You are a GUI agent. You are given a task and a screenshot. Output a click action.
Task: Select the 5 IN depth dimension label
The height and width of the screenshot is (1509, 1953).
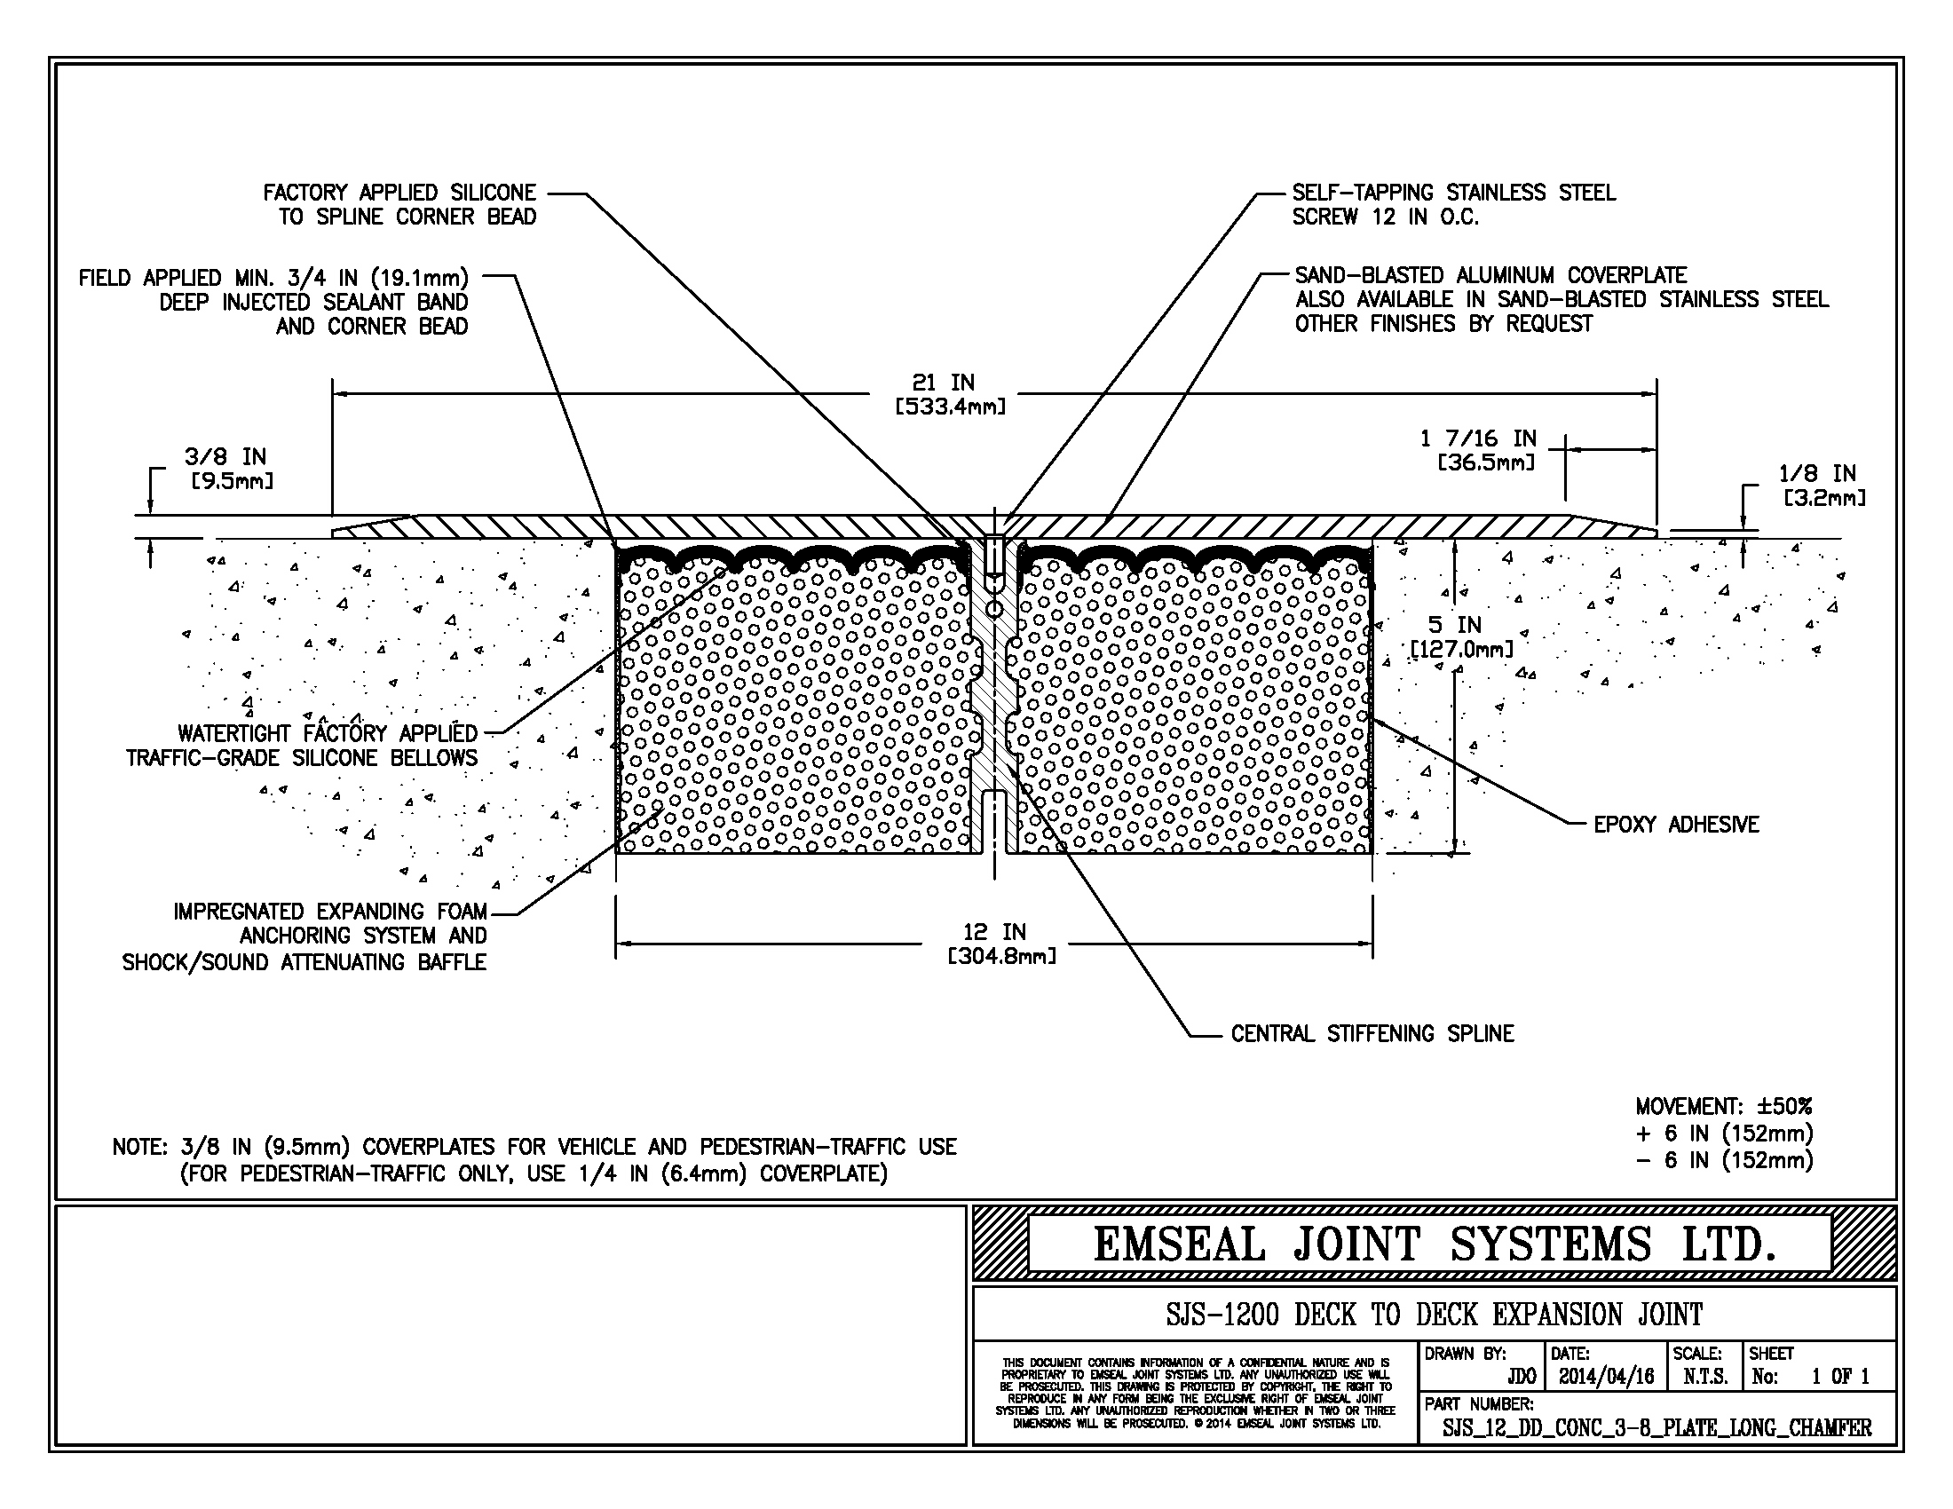[1454, 625]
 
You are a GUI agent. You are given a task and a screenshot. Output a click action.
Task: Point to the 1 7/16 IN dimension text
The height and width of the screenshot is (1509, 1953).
[1478, 438]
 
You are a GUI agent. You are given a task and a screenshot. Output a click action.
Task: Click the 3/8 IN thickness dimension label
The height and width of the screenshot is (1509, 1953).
[225, 457]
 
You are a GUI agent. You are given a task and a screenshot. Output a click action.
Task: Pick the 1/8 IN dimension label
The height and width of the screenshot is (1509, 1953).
[1817, 474]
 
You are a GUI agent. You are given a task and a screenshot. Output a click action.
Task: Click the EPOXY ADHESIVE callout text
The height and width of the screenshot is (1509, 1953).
[1676, 825]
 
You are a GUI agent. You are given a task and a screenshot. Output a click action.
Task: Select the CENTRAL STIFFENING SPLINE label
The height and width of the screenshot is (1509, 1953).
[1372, 1034]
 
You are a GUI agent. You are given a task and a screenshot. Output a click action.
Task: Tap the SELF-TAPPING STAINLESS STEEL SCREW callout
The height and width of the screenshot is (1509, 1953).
[1453, 205]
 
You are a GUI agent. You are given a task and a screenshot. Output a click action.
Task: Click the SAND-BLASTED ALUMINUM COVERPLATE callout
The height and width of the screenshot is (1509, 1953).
[1490, 275]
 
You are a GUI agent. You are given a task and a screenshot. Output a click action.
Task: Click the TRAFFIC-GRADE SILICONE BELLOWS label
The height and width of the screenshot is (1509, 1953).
[301, 758]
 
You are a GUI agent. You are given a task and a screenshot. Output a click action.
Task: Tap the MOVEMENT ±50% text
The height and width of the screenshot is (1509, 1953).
[1723, 1107]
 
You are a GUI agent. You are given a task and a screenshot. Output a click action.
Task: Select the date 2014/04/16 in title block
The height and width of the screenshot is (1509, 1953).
[1606, 1377]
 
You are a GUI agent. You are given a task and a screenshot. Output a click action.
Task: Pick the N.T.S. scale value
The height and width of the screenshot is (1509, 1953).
[1704, 1377]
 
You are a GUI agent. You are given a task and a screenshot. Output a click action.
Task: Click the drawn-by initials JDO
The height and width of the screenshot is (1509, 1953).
[1521, 1377]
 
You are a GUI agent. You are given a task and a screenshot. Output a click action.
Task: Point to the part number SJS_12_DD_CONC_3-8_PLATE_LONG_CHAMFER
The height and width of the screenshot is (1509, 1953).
[1656, 1428]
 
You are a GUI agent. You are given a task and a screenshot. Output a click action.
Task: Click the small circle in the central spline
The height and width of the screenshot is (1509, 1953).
[993, 609]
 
